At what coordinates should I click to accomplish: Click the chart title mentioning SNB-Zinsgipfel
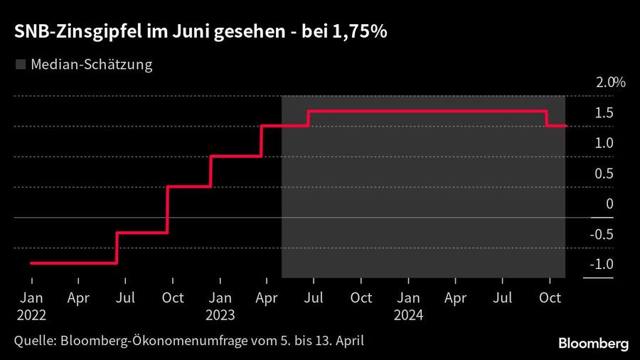point(199,33)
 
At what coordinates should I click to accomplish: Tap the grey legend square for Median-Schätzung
point(19,65)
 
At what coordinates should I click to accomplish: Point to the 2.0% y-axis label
point(610,83)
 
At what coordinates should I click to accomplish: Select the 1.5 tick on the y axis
point(604,112)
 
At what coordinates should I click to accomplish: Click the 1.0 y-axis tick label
point(604,143)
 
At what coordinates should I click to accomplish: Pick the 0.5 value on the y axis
point(604,174)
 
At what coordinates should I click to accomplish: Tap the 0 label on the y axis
point(609,204)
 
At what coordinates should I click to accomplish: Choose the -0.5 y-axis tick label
point(602,235)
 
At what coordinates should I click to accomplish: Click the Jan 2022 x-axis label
point(31,305)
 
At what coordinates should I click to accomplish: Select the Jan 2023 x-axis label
point(220,305)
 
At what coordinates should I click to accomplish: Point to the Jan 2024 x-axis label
point(408,305)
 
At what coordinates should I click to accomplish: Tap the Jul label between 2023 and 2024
point(314,298)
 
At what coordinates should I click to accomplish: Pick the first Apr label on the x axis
point(78,298)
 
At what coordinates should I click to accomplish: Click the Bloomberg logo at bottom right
point(593,344)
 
